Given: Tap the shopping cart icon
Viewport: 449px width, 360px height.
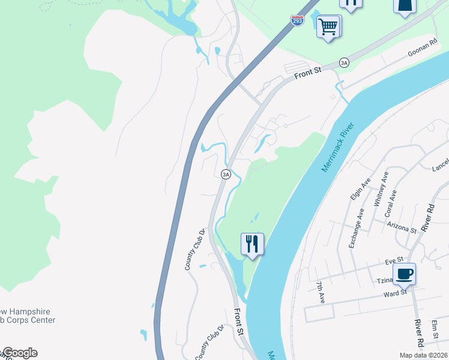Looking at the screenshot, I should [x=328, y=26].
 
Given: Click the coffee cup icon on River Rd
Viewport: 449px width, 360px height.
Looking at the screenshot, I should [x=404, y=274].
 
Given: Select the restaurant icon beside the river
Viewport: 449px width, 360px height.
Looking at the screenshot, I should [x=252, y=244].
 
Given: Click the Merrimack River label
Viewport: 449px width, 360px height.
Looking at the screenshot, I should [x=338, y=148].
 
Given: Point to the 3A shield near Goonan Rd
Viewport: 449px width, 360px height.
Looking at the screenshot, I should [x=344, y=62].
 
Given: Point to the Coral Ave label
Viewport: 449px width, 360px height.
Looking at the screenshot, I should [x=390, y=203].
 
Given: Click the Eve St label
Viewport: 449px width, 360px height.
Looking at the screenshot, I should [x=393, y=261].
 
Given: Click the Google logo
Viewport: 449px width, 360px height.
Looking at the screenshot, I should [x=19, y=353].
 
